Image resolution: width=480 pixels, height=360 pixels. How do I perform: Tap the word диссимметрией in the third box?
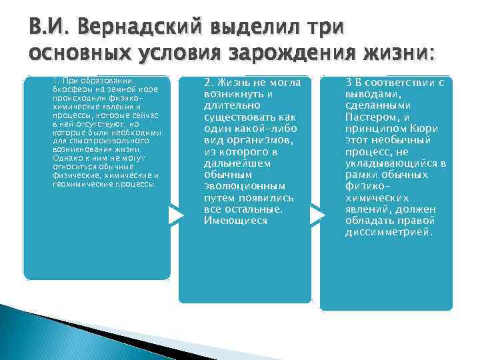(x=389, y=233)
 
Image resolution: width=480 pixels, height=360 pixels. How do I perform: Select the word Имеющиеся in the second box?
(x=235, y=220)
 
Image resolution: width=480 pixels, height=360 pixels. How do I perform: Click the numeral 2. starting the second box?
(x=209, y=82)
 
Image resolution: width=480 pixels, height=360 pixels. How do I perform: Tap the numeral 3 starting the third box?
(x=349, y=81)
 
